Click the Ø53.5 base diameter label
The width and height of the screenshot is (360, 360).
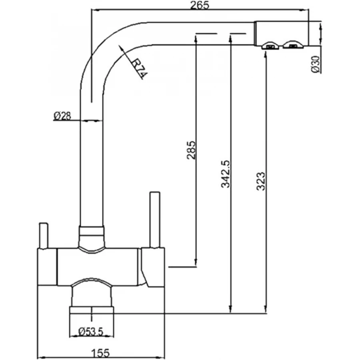click(92, 331)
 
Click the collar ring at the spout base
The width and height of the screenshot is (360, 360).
click(92, 231)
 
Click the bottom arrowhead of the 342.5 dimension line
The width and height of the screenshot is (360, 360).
click(230, 310)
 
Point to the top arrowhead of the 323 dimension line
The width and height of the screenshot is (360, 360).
click(265, 54)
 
